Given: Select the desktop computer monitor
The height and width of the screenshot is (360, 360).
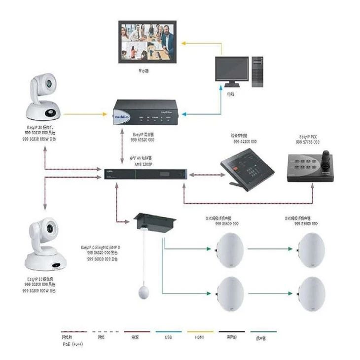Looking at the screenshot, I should click(x=231, y=70).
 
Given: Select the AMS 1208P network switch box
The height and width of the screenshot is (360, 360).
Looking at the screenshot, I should click(x=146, y=173).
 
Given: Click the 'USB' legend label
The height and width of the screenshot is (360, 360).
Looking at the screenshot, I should click(x=169, y=338).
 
